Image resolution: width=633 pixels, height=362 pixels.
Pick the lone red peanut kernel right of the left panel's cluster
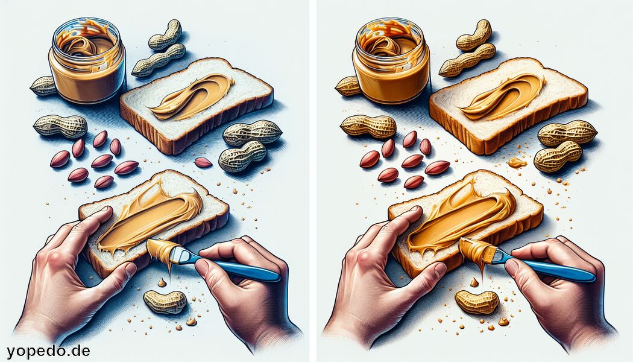coord(203,162)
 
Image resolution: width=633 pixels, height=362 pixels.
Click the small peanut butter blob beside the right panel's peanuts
coord(517,162)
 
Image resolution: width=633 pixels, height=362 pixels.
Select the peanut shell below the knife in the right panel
coord(476,302)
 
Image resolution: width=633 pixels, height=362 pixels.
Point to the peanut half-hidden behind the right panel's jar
coord(347,86)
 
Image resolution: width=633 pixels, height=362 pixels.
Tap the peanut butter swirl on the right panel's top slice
coord(503,97)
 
